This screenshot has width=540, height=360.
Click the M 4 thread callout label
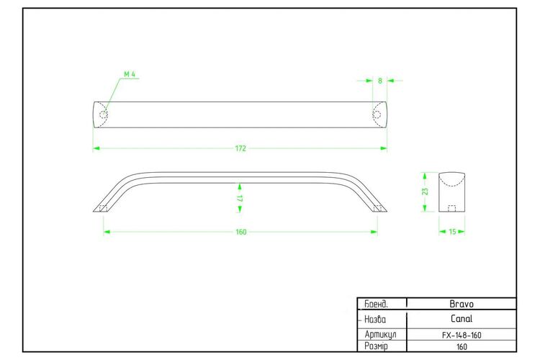pos(130,74)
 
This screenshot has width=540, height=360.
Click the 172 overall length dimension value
pos(240,148)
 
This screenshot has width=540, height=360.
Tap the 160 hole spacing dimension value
pos(241,232)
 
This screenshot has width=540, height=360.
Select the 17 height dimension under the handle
pos(240,199)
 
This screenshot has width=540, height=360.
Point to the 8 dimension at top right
pos(380,81)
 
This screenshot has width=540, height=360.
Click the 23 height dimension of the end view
pos(426,192)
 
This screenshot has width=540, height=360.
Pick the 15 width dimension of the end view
pos(452,232)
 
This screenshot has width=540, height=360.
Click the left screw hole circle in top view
pos(104,114)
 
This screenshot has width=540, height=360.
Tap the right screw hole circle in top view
pos(377,114)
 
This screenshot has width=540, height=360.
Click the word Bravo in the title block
pos(462,304)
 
